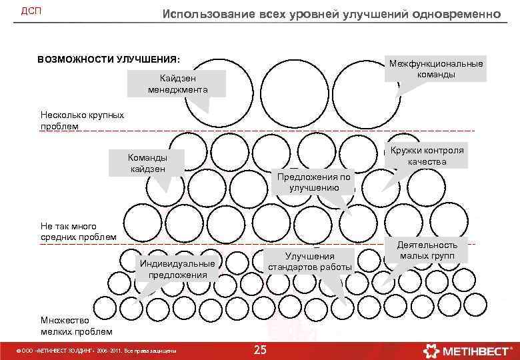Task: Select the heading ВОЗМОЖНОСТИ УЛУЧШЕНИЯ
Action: click(x=109, y=59)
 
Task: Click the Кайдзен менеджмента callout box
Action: click(x=178, y=84)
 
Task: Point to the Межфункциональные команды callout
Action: click(x=436, y=69)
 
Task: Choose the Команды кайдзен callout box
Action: click(x=147, y=163)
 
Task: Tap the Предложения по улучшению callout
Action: click(x=313, y=182)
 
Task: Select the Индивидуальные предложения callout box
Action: click(x=177, y=269)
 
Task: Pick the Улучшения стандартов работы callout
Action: click(x=310, y=261)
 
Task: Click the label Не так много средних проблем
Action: click(x=79, y=232)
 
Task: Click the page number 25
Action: click(x=260, y=350)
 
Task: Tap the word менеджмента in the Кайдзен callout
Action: click(x=178, y=89)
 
